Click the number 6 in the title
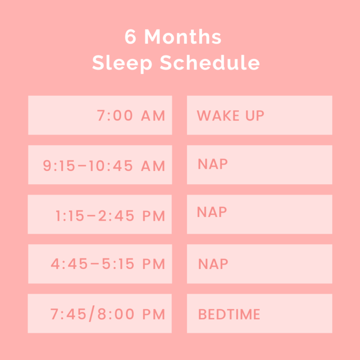click(x=131, y=37)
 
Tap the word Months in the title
click(x=183, y=37)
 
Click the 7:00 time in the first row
click(x=115, y=116)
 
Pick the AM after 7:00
click(x=153, y=116)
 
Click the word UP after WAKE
click(x=254, y=115)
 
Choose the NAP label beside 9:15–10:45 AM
click(x=213, y=164)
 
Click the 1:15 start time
click(x=69, y=216)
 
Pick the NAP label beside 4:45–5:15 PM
click(x=213, y=264)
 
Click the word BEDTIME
click(x=229, y=314)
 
